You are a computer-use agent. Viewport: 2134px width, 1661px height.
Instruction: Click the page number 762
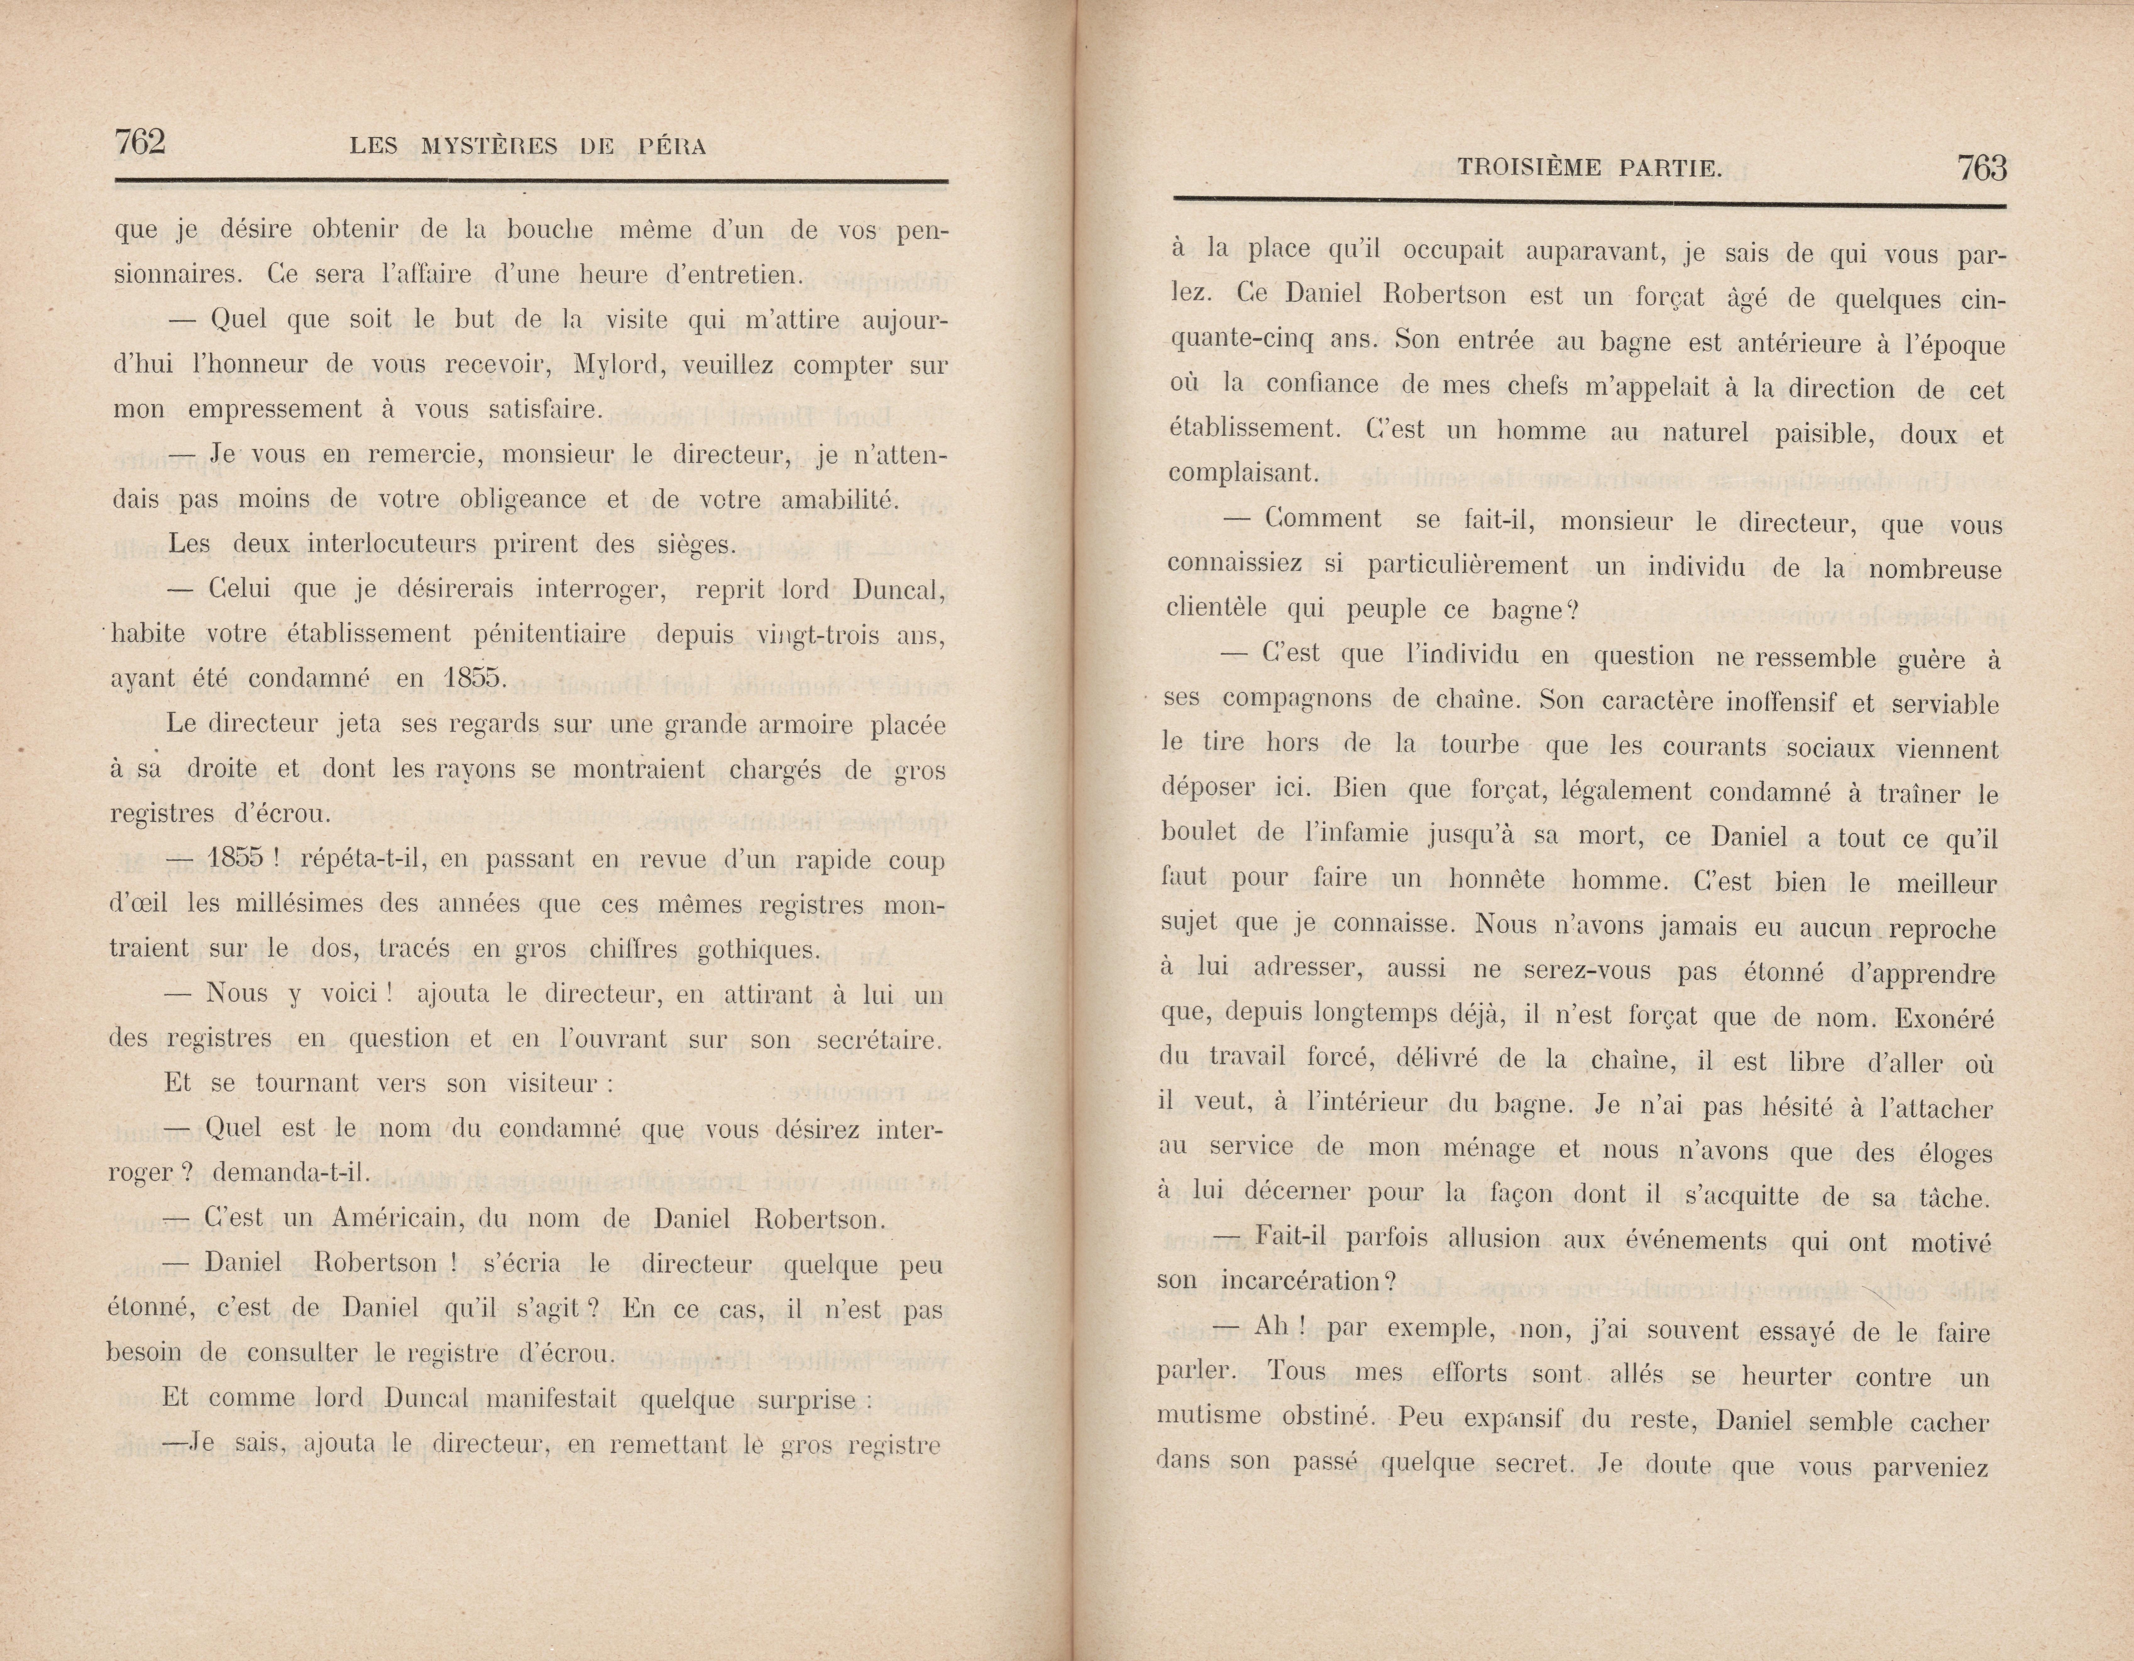(140, 143)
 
